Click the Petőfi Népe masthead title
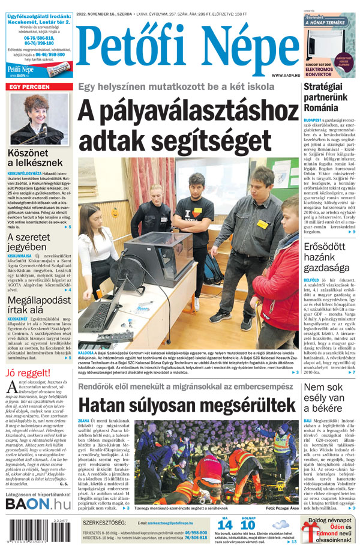pos(187,47)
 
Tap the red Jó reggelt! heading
pos(28,374)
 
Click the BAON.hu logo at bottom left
pos(39,503)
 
